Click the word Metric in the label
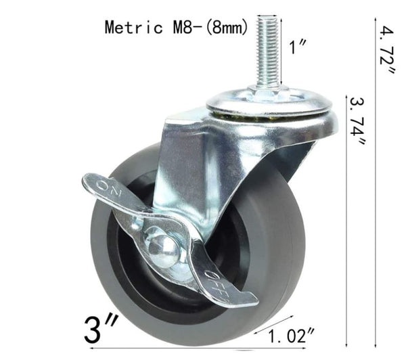coord(133,28)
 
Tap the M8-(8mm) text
coord(206,28)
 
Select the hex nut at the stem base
coord(269,92)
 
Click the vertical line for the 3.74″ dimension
coord(347,223)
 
